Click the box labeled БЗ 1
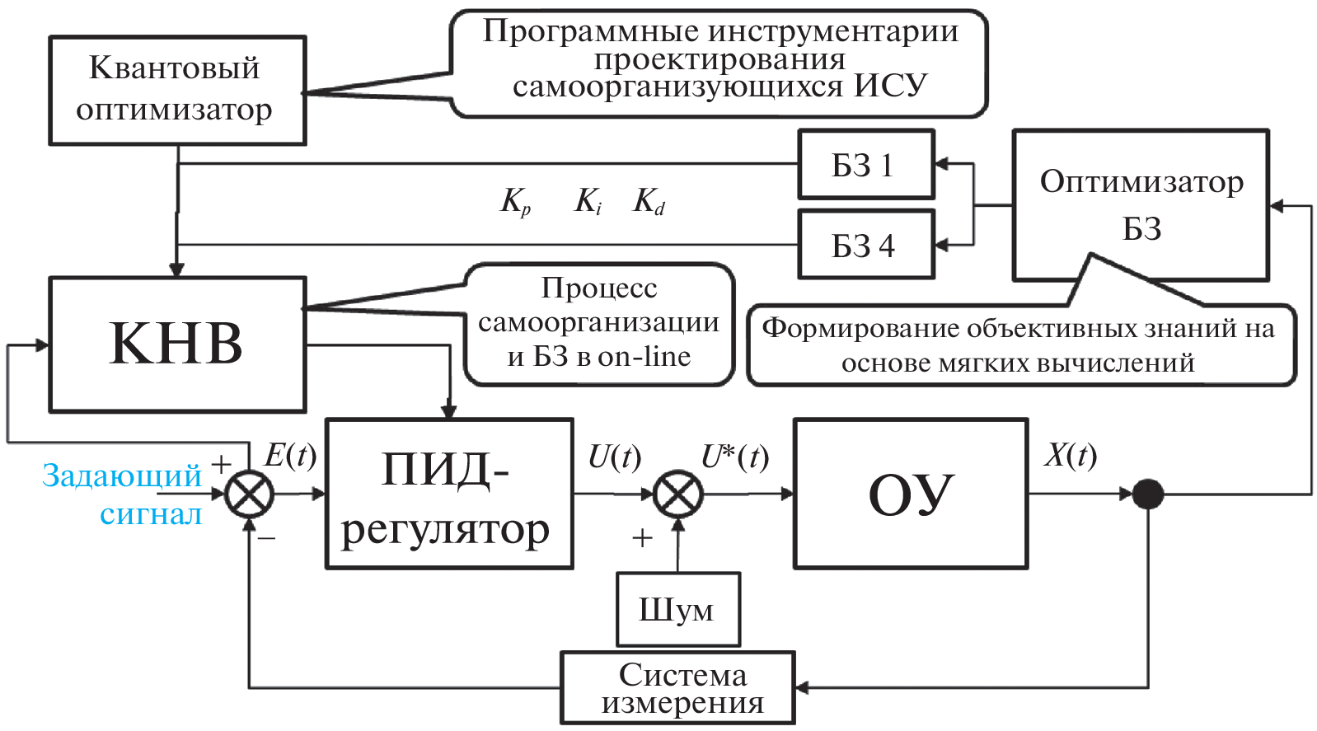(x=866, y=165)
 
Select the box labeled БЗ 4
(x=866, y=245)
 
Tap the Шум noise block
(x=677, y=610)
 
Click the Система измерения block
(x=677, y=688)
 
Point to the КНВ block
(x=177, y=344)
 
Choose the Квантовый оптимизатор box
(x=177, y=90)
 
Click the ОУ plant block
(x=910, y=494)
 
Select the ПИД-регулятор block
(x=449, y=494)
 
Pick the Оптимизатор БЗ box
(x=1141, y=204)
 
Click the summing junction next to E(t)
(x=249, y=494)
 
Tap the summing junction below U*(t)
(x=677, y=494)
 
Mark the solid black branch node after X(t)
(x=1147, y=494)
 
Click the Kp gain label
(x=516, y=201)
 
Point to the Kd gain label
(x=649, y=201)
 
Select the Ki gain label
(x=588, y=201)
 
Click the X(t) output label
(x=1070, y=456)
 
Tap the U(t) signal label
(x=614, y=457)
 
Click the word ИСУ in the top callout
(x=890, y=86)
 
